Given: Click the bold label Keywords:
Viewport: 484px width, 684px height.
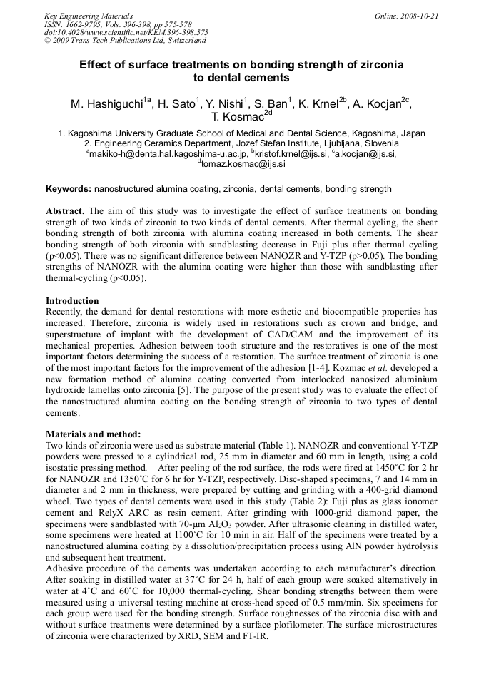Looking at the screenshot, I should click(x=69, y=189).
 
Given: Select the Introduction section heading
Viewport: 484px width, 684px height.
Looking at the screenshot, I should click(x=72, y=301).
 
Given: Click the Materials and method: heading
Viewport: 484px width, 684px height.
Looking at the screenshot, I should click(x=94, y=434).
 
